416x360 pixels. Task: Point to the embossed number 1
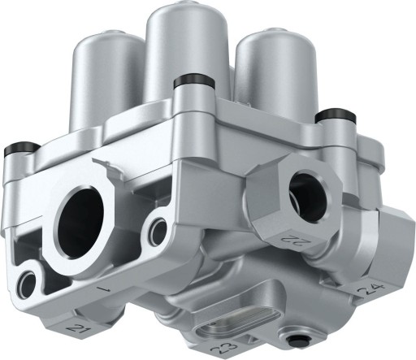click(103, 288)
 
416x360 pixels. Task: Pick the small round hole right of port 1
click(154, 232)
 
